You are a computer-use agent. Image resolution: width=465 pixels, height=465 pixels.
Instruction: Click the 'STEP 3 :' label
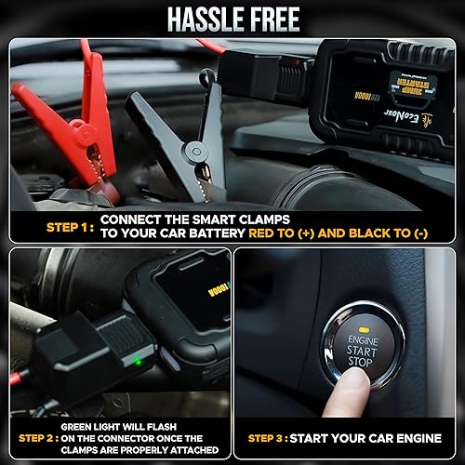[x=269, y=437]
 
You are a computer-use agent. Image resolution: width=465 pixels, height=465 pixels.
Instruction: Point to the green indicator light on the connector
[x=138, y=361]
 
